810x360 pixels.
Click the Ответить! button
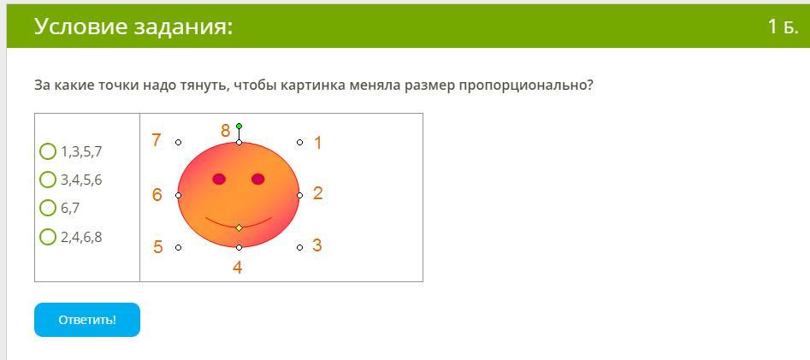(86, 320)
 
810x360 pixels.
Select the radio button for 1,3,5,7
(48, 152)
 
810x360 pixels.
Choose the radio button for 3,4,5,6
(48, 180)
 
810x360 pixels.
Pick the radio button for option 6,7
(48, 208)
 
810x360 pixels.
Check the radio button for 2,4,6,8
(48, 237)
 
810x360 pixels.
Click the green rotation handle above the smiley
(239, 126)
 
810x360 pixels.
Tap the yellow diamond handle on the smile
(239, 227)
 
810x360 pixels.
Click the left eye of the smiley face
(219, 180)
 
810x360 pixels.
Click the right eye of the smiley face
(257, 180)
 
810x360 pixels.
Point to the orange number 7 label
(156, 139)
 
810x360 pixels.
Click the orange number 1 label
(317, 143)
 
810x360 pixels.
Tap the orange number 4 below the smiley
(238, 268)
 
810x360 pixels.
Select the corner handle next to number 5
(178, 247)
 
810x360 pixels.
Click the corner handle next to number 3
(299, 247)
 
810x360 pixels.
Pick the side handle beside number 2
(299, 195)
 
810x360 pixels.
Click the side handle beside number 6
(178, 195)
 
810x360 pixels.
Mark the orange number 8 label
(225, 131)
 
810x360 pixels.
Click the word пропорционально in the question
(526, 86)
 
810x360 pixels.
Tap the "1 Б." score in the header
(783, 27)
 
